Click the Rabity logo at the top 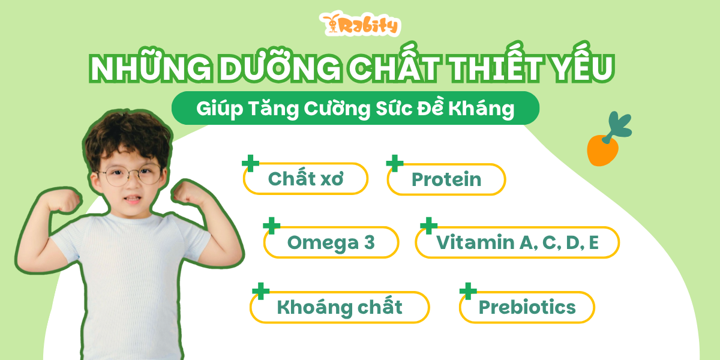coord(360,24)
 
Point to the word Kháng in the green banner coord(481,109)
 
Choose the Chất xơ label coord(305,179)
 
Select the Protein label coord(446,179)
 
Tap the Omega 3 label coord(331,242)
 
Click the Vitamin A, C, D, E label coord(517,242)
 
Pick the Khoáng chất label coord(340,307)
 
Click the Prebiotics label coord(527,307)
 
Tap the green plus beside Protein coord(395,163)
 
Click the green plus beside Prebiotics coord(468,291)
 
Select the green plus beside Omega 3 coord(272,226)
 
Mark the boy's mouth coord(133,199)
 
